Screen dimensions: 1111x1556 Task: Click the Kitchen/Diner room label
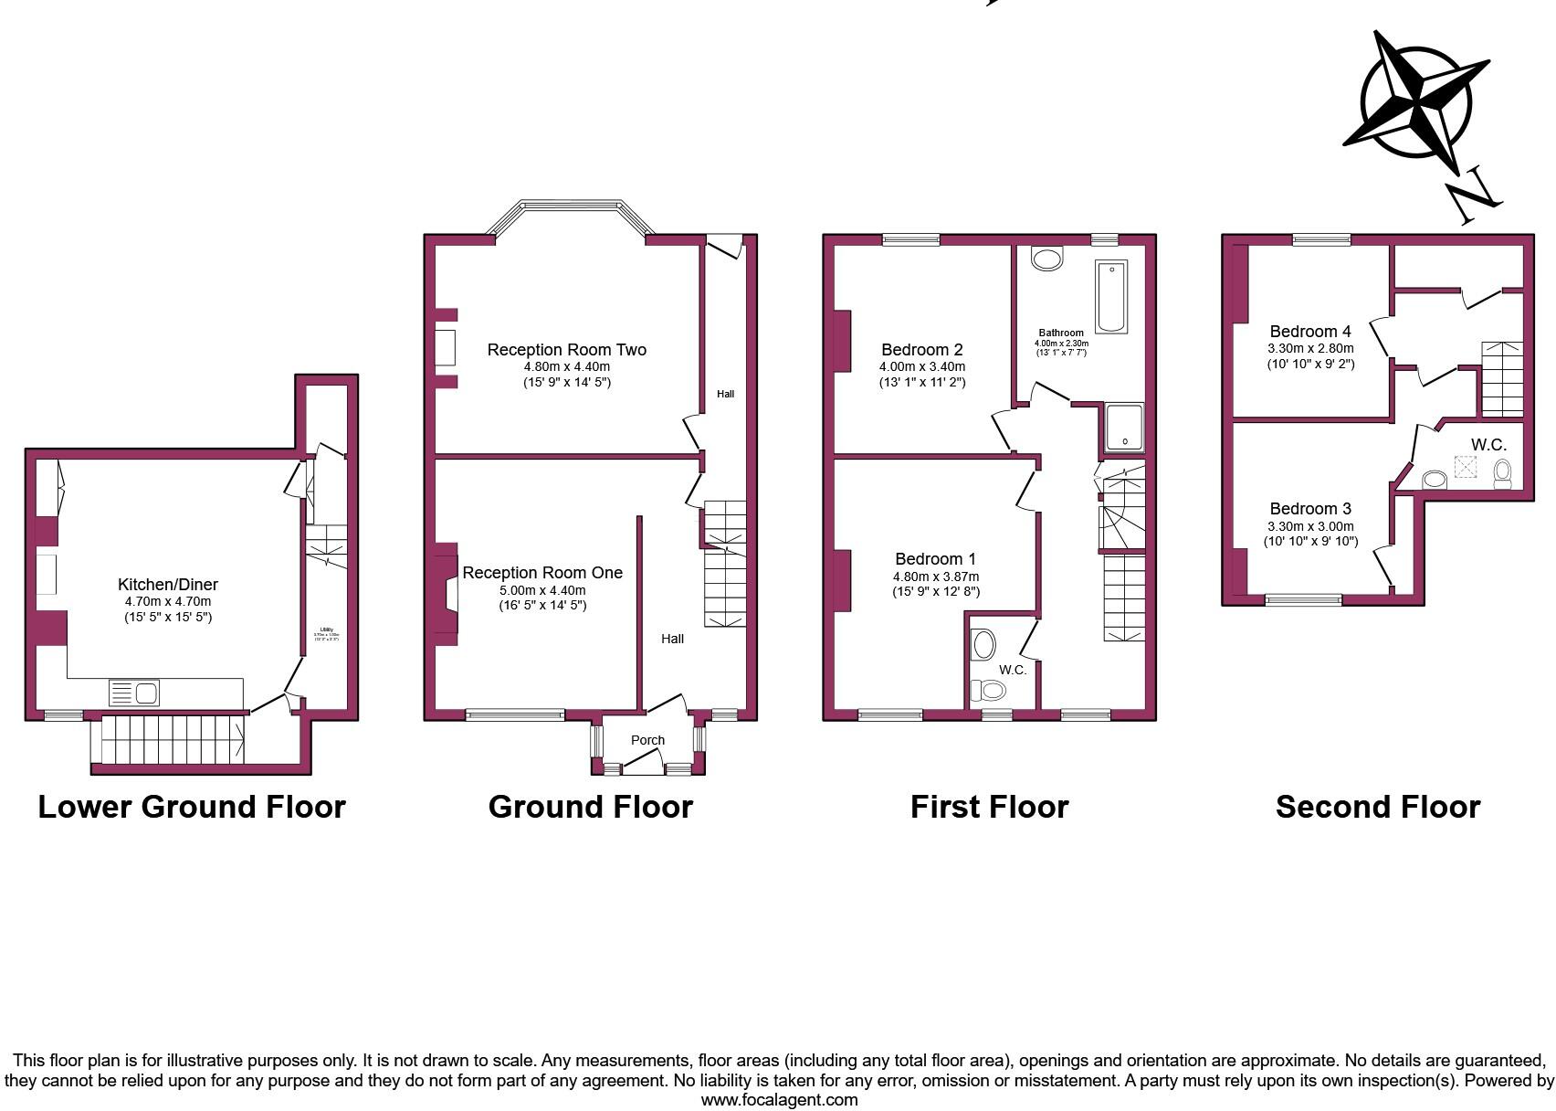pyautogui.click(x=168, y=585)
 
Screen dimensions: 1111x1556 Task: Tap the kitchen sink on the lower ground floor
pyautogui.click(x=134, y=693)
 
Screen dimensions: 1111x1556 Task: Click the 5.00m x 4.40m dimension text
pyautogui.click(x=542, y=590)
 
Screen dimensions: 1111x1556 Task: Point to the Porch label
pyautogui.click(x=647, y=740)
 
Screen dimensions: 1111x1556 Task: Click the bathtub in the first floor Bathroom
pyautogui.click(x=1111, y=296)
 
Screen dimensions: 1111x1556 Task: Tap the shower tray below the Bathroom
pyautogui.click(x=1124, y=428)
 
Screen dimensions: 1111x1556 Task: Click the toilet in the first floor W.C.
pyautogui.click(x=985, y=691)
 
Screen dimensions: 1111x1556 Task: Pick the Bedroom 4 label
pyautogui.click(x=1310, y=332)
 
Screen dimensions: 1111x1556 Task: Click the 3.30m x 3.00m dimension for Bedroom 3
pyautogui.click(x=1310, y=526)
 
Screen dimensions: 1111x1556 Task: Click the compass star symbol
pyautogui.click(x=1415, y=101)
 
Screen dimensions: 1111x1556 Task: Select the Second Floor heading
pyautogui.click(x=1377, y=807)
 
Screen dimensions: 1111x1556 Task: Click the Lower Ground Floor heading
pyautogui.click(x=192, y=807)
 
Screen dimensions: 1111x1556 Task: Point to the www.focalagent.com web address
pyautogui.click(x=779, y=1100)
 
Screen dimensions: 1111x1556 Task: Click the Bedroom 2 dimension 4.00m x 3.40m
pyautogui.click(x=921, y=366)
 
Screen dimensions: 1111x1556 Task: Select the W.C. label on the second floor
pyautogui.click(x=1488, y=445)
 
